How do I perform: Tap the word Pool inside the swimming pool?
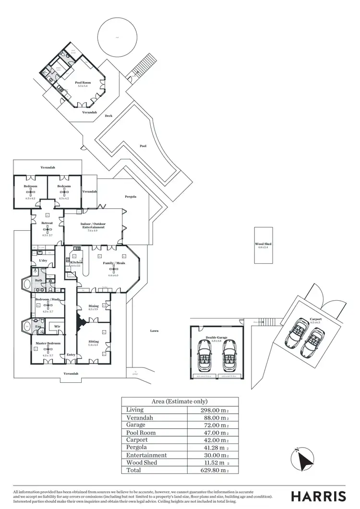pyautogui.click(x=143, y=146)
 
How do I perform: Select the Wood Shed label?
pyautogui.click(x=264, y=244)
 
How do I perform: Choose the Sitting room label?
pyautogui.click(x=93, y=342)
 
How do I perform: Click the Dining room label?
pyautogui.click(x=94, y=306)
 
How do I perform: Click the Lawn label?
pyautogui.click(x=154, y=331)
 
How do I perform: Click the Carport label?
pyautogui.click(x=316, y=319)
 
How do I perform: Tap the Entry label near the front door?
pyautogui.click(x=71, y=355)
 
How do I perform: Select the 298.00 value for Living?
pyautogui.click(x=213, y=410)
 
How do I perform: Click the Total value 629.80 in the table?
pyautogui.click(x=213, y=470)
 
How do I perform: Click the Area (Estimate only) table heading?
pyautogui.click(x=180, y=402)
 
